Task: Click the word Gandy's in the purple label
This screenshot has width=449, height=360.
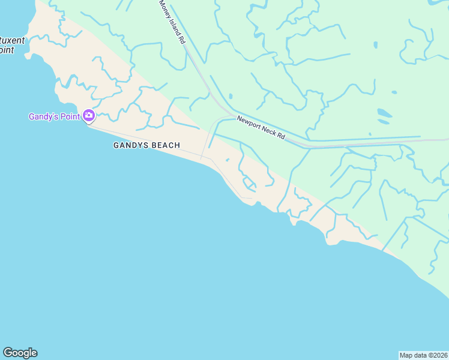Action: [45, 116]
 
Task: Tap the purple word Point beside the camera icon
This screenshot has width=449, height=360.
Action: [71, 116]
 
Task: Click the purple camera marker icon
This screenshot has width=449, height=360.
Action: [89, 115]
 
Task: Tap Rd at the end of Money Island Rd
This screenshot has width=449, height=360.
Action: [181, 40]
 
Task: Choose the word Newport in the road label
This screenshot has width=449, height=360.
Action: [249, 122]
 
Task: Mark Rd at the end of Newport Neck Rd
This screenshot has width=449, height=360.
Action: [281, 136]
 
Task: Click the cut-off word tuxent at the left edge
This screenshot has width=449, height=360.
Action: [13, 41]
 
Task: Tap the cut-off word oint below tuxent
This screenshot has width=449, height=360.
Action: [7, 50]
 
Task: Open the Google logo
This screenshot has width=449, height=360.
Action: [20, 353]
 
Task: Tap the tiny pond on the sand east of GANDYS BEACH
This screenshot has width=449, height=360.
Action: [227, 160]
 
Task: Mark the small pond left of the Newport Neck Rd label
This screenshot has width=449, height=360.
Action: [230, 95]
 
